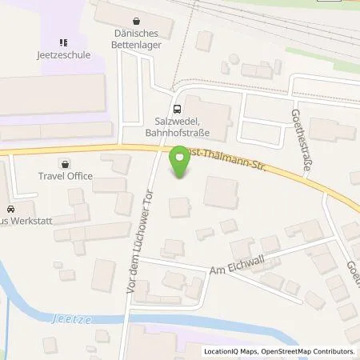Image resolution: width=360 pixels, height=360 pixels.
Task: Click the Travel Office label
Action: click(66, 176)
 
